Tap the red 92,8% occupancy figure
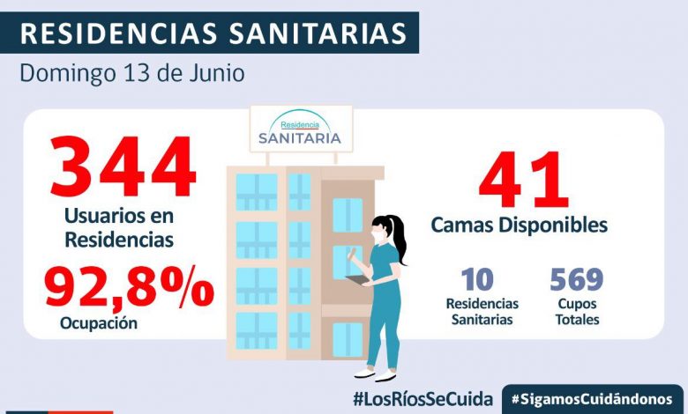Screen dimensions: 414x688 coord(129,289)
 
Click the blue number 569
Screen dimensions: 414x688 coord(576,280)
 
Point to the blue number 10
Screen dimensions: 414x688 coord(477,280)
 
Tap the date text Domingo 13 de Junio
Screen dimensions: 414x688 coord(132,72)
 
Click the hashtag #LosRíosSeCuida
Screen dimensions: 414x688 coord(423,397)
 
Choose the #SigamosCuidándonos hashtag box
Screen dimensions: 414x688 coord(593,398)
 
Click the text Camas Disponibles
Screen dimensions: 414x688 coord(519,225)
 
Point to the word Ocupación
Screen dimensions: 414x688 coord(99,323)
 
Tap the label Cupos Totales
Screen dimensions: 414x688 coord(577,312)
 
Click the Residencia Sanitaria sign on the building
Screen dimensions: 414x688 coord(300,129)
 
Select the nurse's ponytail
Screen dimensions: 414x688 coord(401,235)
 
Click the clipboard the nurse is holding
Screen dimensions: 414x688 coord(360,280)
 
